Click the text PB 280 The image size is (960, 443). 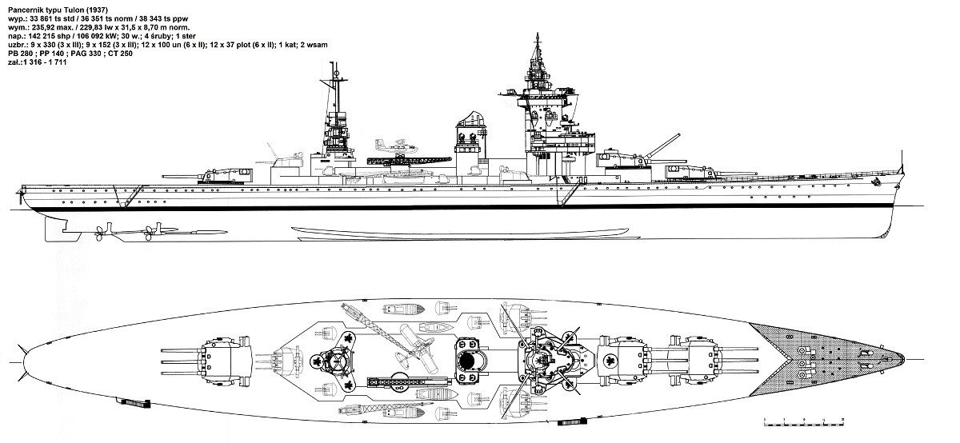click(18, 54)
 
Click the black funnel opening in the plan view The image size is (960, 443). click(467, 362)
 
